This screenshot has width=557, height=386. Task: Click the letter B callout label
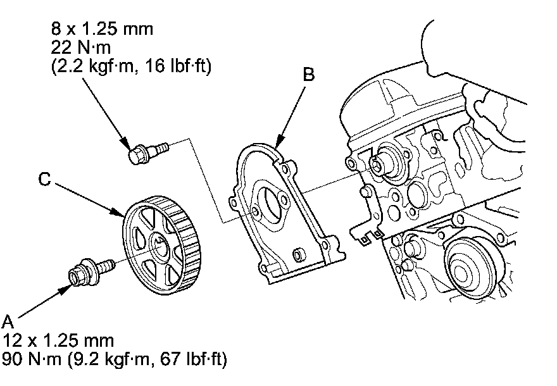(308, 75)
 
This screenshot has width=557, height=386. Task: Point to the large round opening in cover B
(273, 204)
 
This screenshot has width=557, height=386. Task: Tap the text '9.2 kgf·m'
(115, 359)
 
